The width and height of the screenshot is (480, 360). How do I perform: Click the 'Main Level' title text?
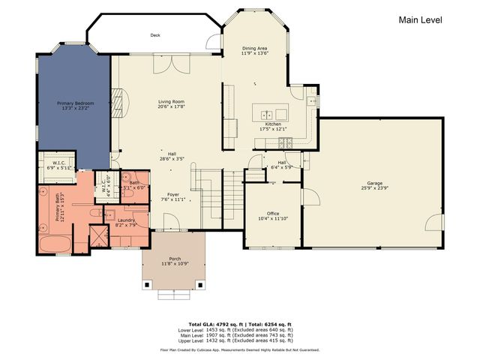coord(420,21)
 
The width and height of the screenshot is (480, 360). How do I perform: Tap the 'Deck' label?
coord(155,34)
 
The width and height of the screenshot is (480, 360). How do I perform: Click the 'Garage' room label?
coord(374,182)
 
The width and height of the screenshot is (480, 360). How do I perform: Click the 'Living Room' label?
coord(171,102)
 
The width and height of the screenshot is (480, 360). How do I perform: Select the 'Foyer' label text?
coord(172,195)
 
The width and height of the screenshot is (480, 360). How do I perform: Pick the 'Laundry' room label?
coord(125,220)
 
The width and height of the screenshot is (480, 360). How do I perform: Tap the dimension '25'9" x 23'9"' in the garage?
coord(374,187)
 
